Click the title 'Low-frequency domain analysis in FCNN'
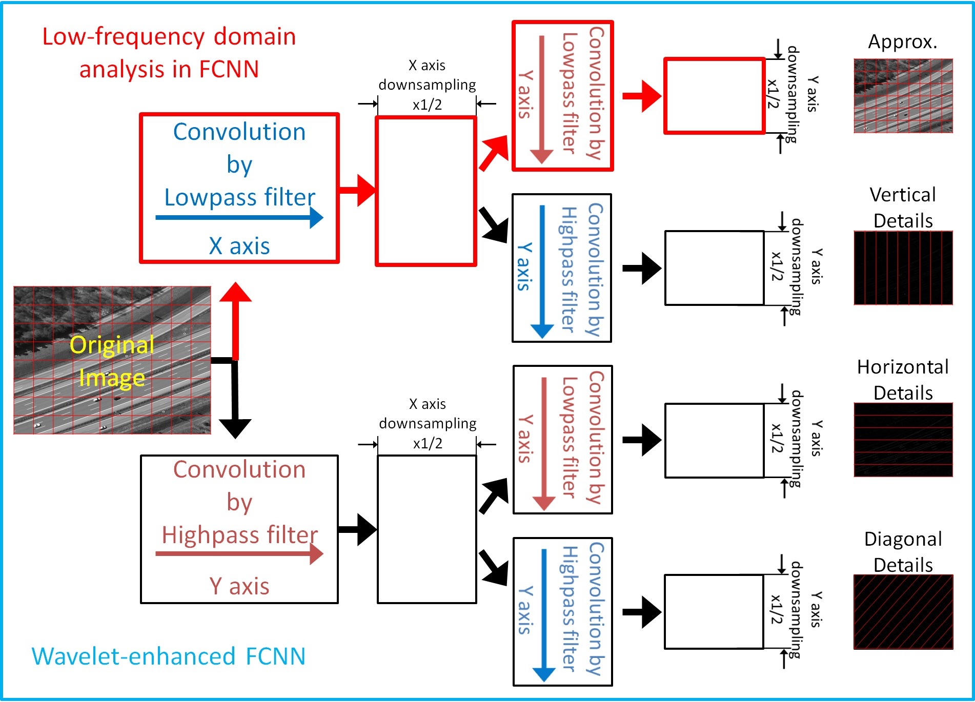169,53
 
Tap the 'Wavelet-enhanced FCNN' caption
169,656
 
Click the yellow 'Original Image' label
112,361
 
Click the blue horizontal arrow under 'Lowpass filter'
239,217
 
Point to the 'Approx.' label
902,42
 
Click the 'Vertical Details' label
903,208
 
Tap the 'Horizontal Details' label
903,380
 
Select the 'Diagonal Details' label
903,552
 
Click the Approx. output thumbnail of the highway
903,96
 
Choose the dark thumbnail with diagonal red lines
903,612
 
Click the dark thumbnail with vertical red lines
903,268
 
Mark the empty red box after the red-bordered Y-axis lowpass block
715,96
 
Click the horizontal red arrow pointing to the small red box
641,96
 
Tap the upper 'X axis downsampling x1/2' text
427,85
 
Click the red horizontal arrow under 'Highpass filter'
239,553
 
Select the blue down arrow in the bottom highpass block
543,615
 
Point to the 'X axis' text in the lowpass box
239,246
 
